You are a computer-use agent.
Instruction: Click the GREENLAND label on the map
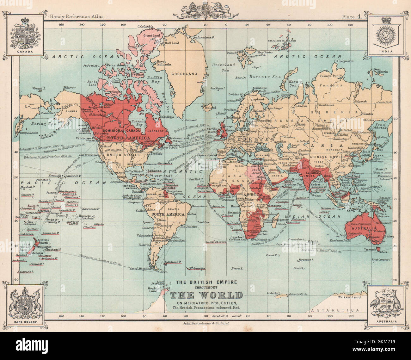tap(184, 74)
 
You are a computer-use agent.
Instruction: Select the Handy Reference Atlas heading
tap(77, 17)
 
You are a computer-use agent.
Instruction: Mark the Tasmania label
tap(369, 249)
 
